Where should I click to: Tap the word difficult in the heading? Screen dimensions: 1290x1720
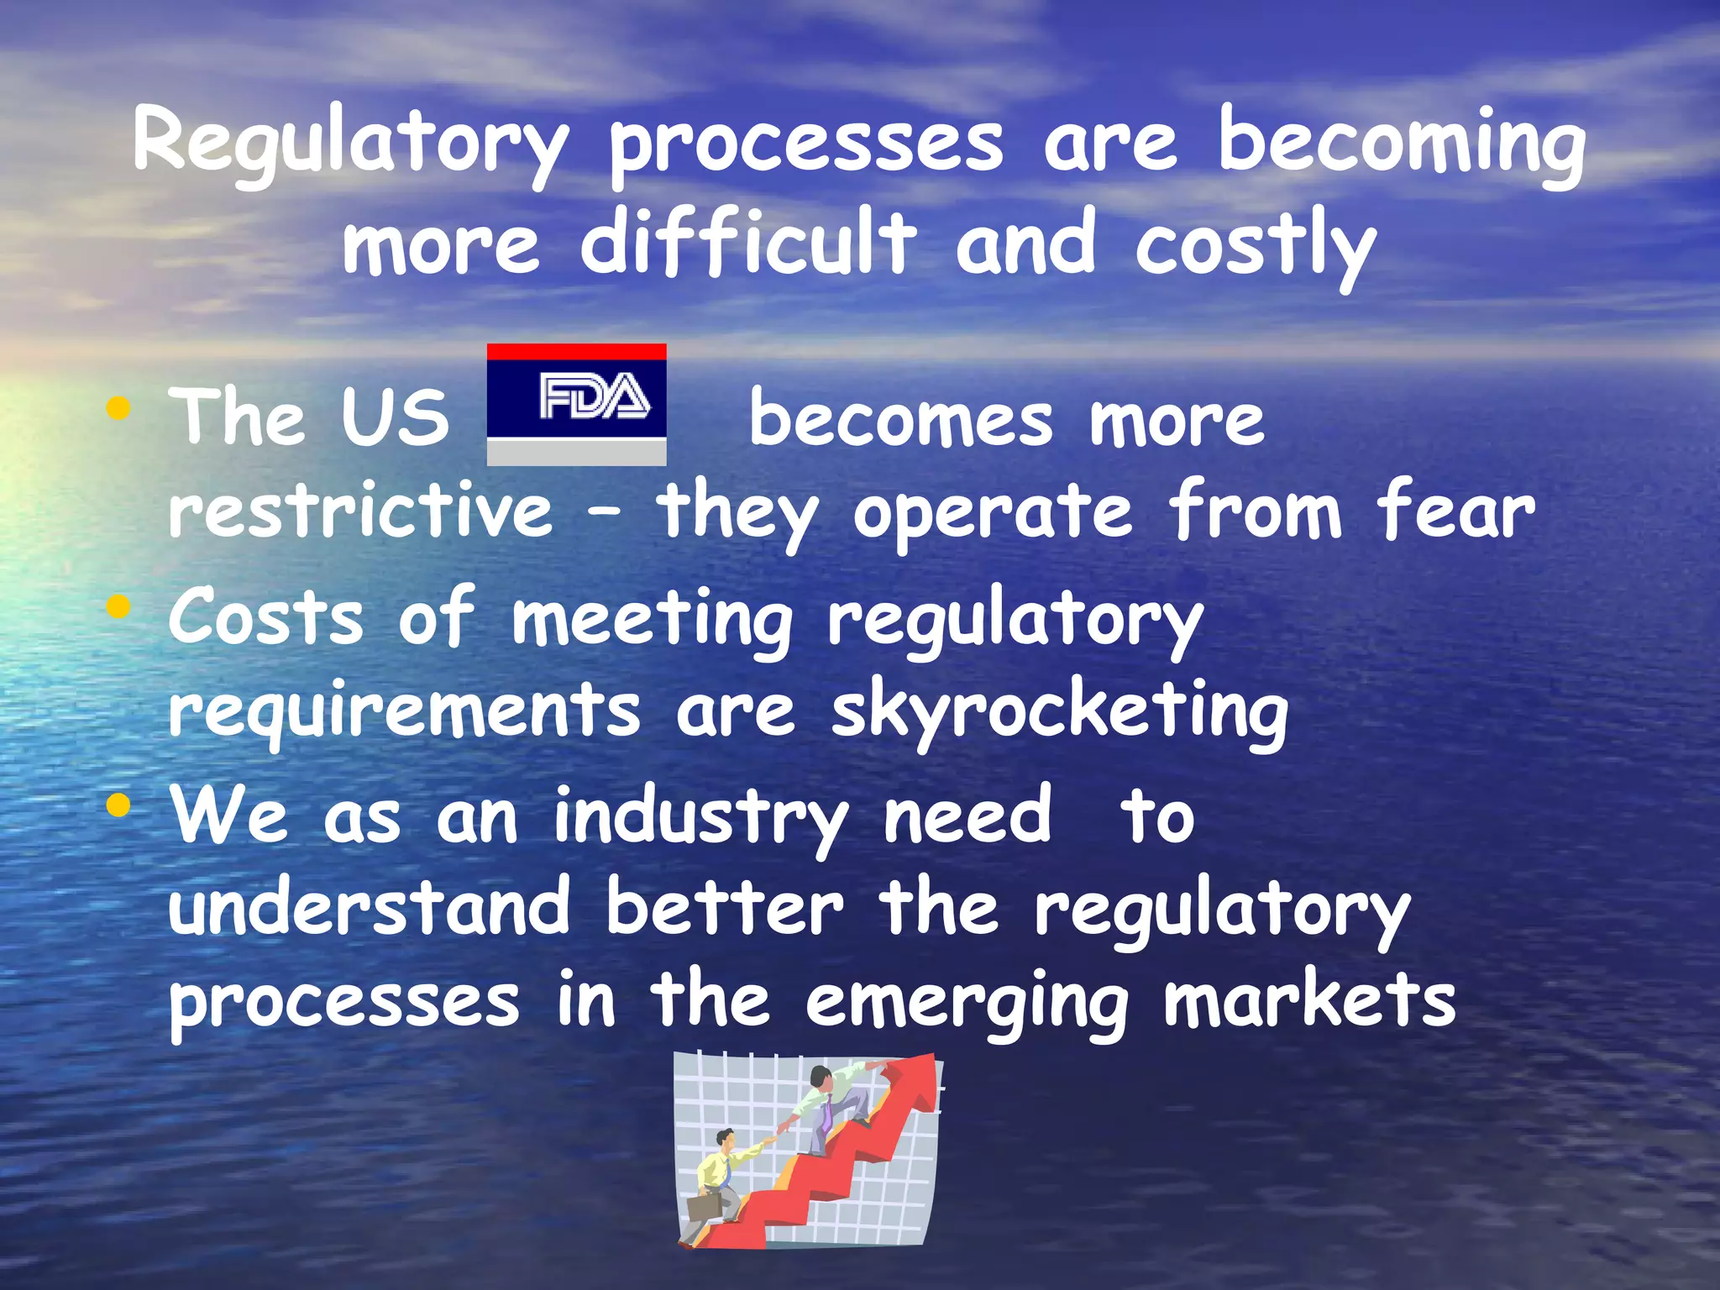[x=747, y=244]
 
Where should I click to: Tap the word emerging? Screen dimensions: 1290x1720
[x=966, y=1003]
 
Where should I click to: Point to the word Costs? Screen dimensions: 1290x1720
[x=266, y=618]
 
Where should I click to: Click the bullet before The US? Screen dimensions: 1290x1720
[x=118, y=410]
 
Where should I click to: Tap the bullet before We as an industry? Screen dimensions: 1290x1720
[x=118, y=806]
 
